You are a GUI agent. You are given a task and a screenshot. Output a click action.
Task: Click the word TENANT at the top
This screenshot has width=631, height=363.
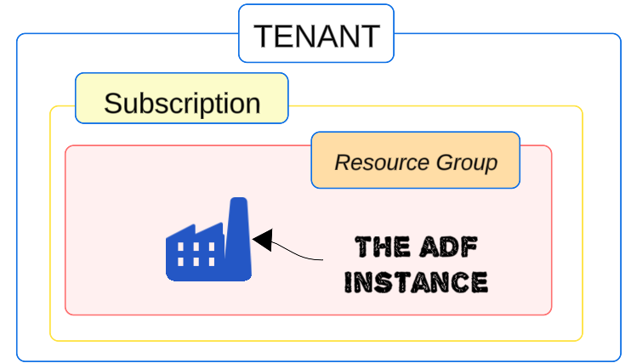pyautogui.click(x=316, y=36)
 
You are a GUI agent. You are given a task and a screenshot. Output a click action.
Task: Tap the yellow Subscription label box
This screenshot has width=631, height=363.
pyautogui.click(x=182, y=103)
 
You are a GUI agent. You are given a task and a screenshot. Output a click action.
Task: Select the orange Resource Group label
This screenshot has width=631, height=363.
pyautogui.click(x=415, y=161)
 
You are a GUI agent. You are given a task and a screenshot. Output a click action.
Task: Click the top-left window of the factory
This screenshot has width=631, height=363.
pyautogui.click(x=179, y=247)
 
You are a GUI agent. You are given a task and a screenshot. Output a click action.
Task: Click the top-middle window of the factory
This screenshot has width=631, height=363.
pyautogui.click(x=195, y=247)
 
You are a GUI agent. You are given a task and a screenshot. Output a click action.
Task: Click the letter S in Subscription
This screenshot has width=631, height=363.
pyautogui.click(x=112, y=104)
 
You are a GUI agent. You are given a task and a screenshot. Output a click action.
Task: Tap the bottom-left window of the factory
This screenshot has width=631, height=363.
pyautogui.click(x=179, y=261)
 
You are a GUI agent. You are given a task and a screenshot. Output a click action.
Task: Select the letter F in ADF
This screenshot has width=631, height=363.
pyautogui.click(x=468, y=248)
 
